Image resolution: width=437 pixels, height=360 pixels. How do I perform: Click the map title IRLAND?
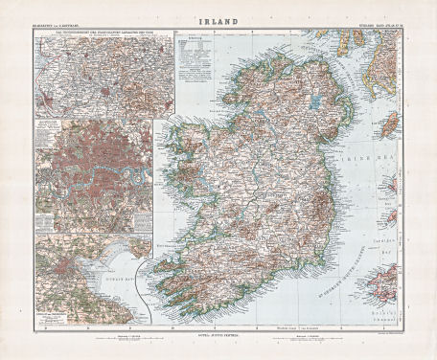coord(218,17)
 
